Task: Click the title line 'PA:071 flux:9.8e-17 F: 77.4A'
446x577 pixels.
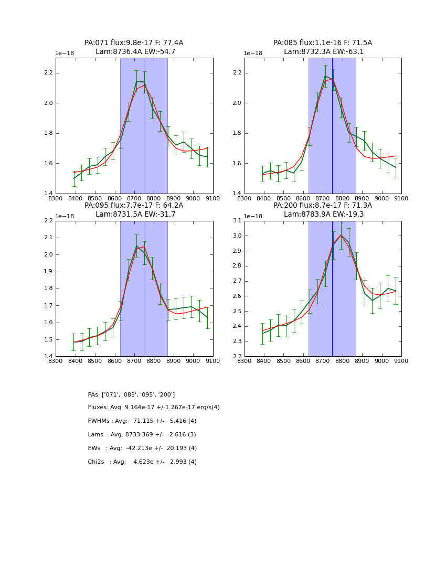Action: coord(134,43)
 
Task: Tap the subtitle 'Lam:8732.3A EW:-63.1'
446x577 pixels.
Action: coord(323,52)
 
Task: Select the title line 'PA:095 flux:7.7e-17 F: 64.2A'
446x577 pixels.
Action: coord(134,206)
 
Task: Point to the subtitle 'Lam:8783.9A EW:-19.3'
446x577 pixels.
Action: coord(323,215)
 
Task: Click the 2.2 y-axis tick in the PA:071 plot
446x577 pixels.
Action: coord(48,73)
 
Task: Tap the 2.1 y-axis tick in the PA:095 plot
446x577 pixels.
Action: coord(48,238)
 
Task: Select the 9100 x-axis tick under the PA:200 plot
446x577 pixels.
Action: coord(401,361)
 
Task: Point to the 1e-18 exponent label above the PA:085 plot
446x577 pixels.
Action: coord(253,54)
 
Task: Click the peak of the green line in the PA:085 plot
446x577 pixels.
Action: coord(325,76)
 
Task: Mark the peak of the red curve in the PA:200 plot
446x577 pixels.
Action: coord(341,235)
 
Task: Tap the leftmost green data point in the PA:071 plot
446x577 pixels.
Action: coord(74,179)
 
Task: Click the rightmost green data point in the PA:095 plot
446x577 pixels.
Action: coord(207,317)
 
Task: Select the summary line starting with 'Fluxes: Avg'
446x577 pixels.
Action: coord(154,408)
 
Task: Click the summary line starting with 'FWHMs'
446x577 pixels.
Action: coord(142,421)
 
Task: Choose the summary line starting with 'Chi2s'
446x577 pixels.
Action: coord(142,462)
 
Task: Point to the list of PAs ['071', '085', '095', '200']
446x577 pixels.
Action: coord(131,394)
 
